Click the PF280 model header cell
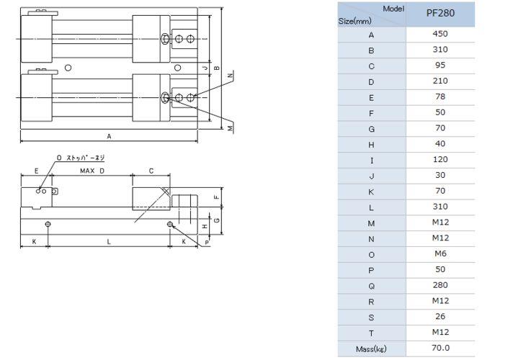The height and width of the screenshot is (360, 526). click(x=440, y=14)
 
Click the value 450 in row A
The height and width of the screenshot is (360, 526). click(x=440, y=34)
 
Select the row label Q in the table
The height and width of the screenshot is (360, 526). click(x=371, y=285)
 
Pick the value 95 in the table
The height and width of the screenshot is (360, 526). click(x=440, y=66)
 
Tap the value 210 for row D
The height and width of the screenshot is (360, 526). click(x=440, y=81)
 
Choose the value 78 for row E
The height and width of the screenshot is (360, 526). click(x=440, y=97)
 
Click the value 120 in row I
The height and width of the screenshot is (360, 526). click(x=440, y=159)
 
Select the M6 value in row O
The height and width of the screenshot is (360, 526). click(x=440, y=253)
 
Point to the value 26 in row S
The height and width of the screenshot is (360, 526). click(x=440, y=317)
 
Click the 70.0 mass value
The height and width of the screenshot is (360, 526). click(x=440, y=348)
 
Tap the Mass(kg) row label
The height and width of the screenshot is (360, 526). click(x=371, y=348)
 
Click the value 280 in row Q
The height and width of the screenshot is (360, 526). click(x=440, y=285)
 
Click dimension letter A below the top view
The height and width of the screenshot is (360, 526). click(x=109, y=135)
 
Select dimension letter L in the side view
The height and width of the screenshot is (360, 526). click(x=109, y=243)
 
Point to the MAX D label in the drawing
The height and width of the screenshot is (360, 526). click(x=93, y=171)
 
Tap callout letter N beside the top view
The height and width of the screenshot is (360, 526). click(x=230, y=76)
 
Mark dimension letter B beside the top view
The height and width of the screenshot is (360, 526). click(x=216, y=68)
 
